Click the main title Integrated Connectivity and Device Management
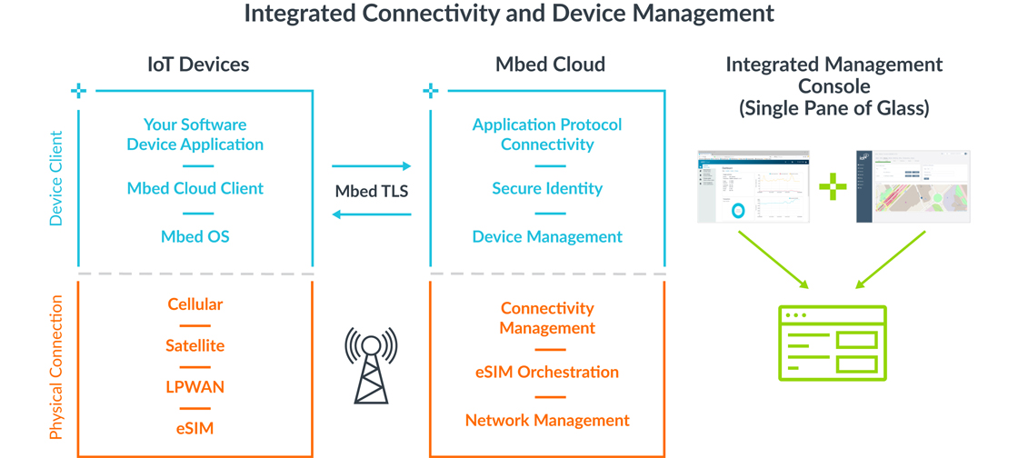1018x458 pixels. [x=509, y=14]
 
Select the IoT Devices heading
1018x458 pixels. [x=198, y=65]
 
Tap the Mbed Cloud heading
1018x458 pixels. [x=550, y=65]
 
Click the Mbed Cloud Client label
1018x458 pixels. [x=195, y=189]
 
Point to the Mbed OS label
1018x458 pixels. [x=195, y=237]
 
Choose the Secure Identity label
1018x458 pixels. [x=547, y=189]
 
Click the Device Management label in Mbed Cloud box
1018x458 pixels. [x=547, y=237]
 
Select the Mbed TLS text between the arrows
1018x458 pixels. [x=372, y=191]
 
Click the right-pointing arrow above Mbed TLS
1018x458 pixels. [x=372, y=166]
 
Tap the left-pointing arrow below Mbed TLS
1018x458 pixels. [x=372, y=215]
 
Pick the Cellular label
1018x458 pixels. [x=195, y=304]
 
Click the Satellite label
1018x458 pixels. [x=195, y=346]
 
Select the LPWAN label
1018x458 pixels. [x=195, y=387]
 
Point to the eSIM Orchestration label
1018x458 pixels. [x=547, y=373]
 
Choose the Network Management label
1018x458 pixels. [x=547, y=421]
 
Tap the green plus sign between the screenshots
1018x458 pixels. [x=833, y=186]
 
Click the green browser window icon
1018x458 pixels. [x=833, y=343]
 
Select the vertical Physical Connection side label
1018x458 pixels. [x=56, y=367]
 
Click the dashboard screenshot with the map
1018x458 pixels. [x=913, y=186]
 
